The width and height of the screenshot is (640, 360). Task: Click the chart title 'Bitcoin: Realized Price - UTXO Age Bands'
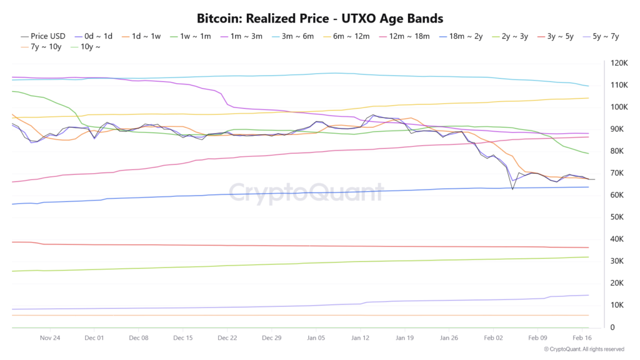coord(320,18)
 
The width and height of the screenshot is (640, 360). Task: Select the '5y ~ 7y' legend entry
coord(601,36)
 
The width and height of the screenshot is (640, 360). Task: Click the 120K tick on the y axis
coord(620,63)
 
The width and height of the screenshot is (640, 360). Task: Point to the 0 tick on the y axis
coord(613,327)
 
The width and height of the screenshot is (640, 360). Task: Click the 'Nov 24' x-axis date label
coord(49,337)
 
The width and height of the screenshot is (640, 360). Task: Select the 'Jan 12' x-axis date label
coord(360,337)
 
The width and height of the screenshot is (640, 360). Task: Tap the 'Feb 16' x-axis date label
coord(582,337)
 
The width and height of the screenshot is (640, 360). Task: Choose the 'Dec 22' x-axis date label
coord(227,337)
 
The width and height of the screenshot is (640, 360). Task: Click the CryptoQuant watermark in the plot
coord(306,192)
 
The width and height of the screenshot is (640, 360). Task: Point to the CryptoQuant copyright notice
coord(584,349)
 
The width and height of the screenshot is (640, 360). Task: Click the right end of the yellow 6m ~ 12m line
coord(588,98)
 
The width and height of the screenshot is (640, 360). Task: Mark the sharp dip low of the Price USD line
coord(512,189)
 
